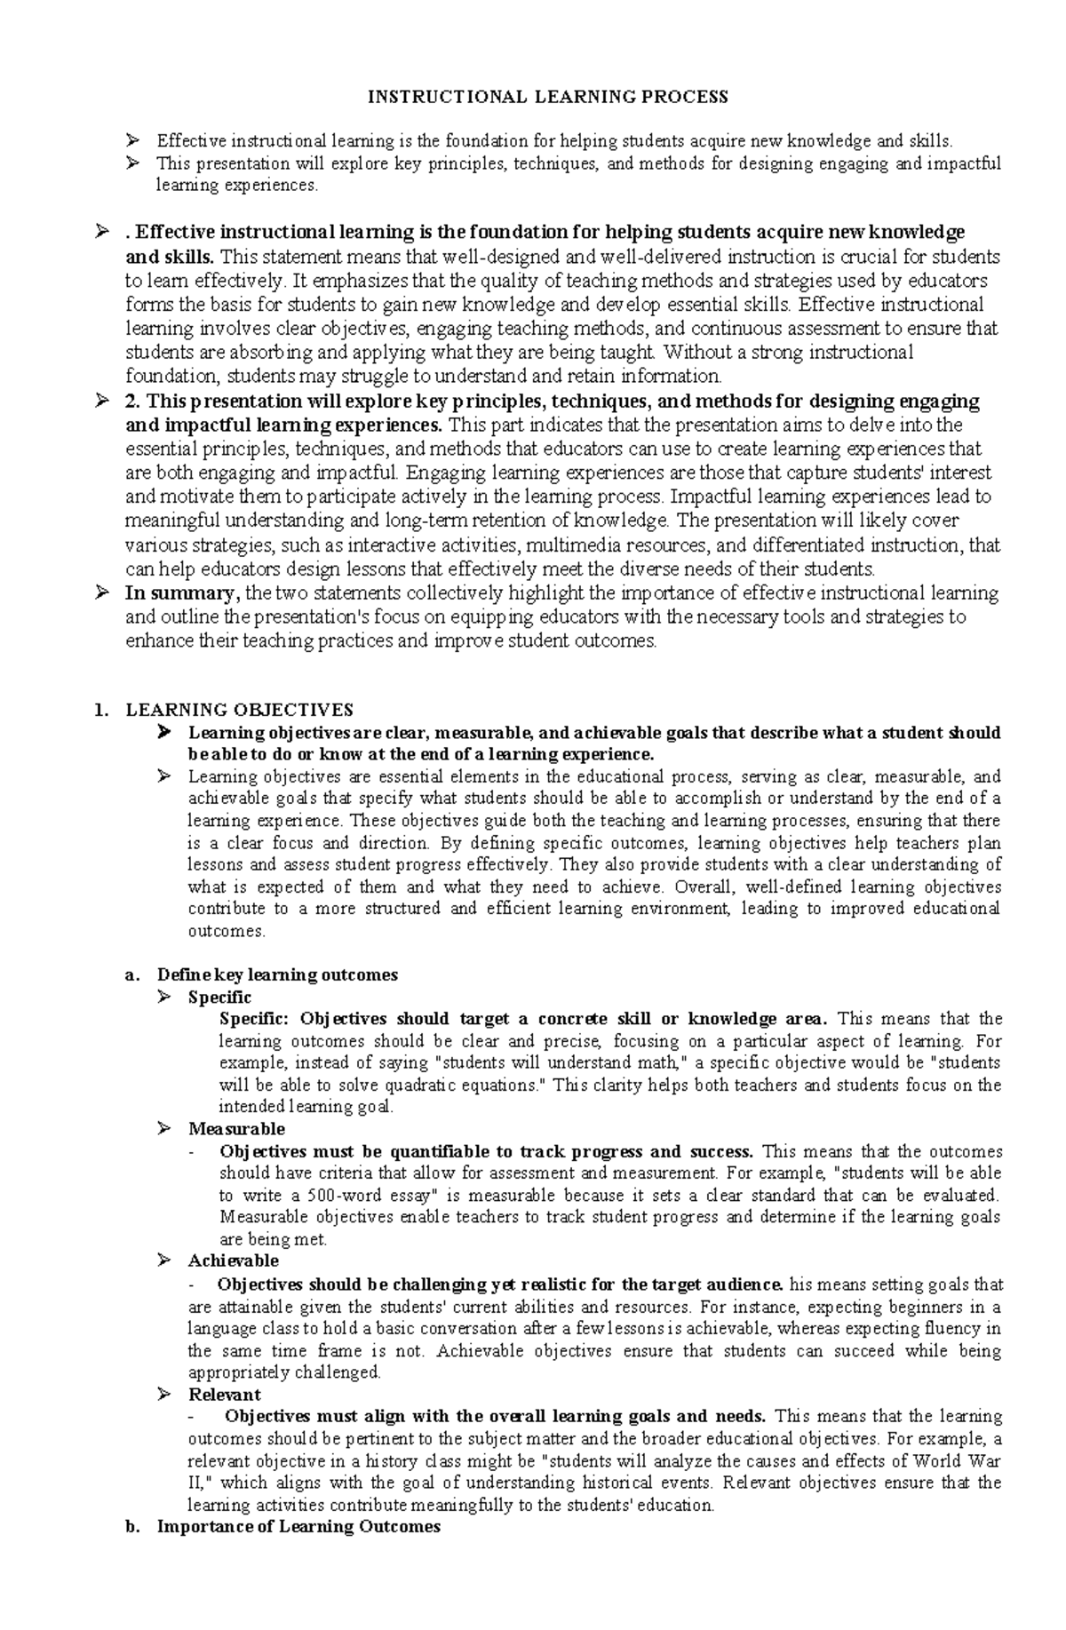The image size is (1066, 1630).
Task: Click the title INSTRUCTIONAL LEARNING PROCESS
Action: pos(548,96)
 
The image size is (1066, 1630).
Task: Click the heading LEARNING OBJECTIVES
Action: pos(239,710)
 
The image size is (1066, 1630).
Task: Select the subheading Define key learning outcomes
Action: pos(276,974)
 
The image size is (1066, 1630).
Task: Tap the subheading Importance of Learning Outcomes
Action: pos(298,1526)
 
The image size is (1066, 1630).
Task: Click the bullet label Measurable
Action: pos(236,1129)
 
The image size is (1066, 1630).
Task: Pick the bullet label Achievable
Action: pos(233,1260)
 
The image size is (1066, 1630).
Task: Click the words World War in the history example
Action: pos(955,1460)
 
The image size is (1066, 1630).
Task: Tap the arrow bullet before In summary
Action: pos(102,593)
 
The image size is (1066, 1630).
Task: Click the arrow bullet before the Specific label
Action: pos(163,997)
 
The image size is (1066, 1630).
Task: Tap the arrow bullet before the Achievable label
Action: pos(163,1260)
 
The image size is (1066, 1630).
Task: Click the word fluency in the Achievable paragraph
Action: pos(957,1329)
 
